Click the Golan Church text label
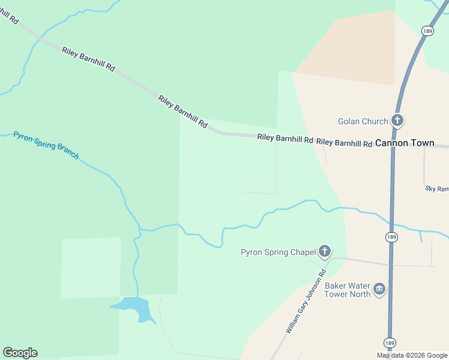coord(363,121)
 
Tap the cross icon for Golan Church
coord(397,121)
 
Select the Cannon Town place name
coord(405,143)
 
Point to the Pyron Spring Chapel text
coord(278,252)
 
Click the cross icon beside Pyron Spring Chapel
coord(325,251)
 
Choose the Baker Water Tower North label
coord(348,290)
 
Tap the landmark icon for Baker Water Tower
coord(379,290)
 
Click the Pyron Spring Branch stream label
coord(46,145)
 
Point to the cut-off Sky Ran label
coord(437,188)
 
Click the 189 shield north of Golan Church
coord(427,31)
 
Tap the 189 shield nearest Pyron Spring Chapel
coord(391,237)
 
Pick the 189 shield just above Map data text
coord(390,343)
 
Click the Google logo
coord(20,353)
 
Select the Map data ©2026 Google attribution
coord(412,355)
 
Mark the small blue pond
coord(131,307)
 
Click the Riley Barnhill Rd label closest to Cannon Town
coord(345,143)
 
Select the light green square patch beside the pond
coord(91,268)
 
